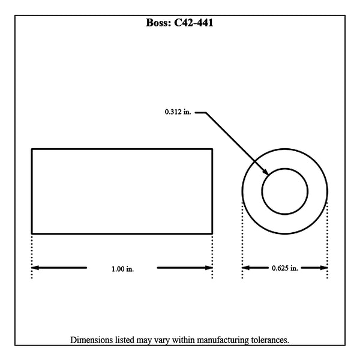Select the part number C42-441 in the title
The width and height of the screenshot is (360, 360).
click(x=194, y=23)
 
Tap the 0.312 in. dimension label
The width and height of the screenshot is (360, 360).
click(x=178, y=112)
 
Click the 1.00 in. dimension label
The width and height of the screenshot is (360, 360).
click(x=122, y=269)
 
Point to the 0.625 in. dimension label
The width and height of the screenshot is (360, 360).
click(x=284, y=268)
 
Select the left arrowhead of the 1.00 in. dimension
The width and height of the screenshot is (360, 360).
click(x=35, y=268)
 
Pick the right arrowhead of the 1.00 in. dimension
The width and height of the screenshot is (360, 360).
click(x=209, y=268)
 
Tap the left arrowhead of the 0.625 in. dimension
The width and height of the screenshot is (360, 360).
click(x=246, y=268)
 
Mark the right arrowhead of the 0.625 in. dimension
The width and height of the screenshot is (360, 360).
click(x=323, y=268)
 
